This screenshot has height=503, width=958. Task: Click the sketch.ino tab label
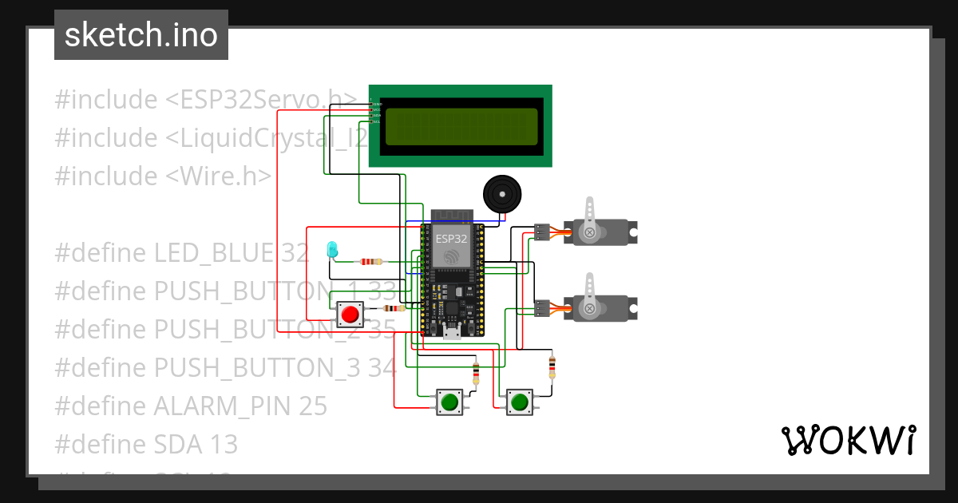[x=141, y=35]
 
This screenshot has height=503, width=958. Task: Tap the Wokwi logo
[x=847, y=441]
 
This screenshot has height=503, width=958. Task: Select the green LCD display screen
[x=461, y=126]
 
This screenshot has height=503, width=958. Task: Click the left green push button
[x=449, y=402]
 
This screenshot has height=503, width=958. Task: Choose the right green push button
[x=520, y=402]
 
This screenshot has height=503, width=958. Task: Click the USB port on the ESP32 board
[x=452, y=334]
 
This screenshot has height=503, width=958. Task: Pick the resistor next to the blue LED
[x=370, y=261]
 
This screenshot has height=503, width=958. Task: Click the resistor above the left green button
[x=477, y=372]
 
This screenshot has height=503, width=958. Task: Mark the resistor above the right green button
[x=552, y=366]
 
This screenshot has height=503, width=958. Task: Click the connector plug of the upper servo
[x=542, y=232]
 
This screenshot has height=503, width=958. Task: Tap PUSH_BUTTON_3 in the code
[x=255, y=368]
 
